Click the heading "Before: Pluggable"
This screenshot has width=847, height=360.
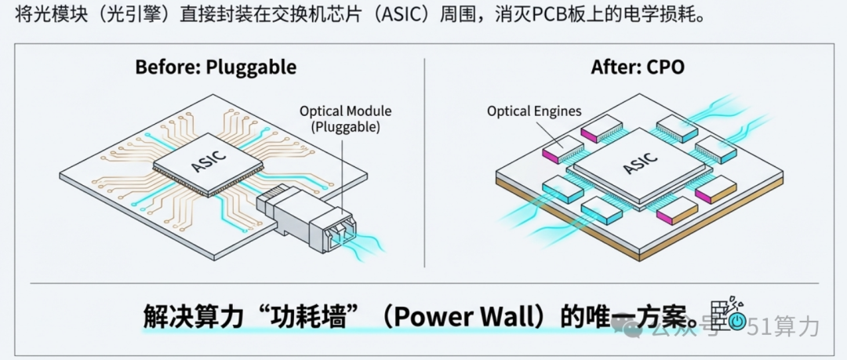click(216, 67)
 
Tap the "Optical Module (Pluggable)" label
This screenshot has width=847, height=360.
click(346, 119)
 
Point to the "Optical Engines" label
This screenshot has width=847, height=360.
click(534, 111)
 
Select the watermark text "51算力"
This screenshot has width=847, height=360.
click(783, 325)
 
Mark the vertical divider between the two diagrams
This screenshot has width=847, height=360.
click(424, 162)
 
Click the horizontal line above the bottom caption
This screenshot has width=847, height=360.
click(424, 282)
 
